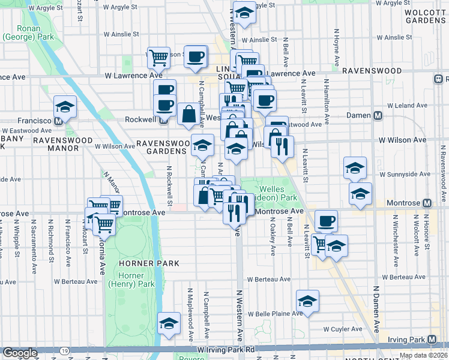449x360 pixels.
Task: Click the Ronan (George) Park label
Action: tap(21, 32)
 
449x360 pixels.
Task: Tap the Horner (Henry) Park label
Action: tap(131, 280)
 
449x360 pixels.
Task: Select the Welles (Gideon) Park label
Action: tap(279, 193)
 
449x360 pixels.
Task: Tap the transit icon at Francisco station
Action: tap(59, 120)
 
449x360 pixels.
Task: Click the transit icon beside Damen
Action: tap(378, 115)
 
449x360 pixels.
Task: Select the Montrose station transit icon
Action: tap(427, 203)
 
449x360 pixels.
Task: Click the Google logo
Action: tap(20, 353)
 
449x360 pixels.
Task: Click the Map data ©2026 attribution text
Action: tap(424, 355)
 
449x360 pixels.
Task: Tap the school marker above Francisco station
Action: tap(65, 106)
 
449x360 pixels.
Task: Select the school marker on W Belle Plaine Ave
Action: tap(307, 301)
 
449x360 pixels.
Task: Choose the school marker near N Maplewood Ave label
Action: tap(169, 323)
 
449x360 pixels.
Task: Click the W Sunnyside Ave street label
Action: tap(409, 174)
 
